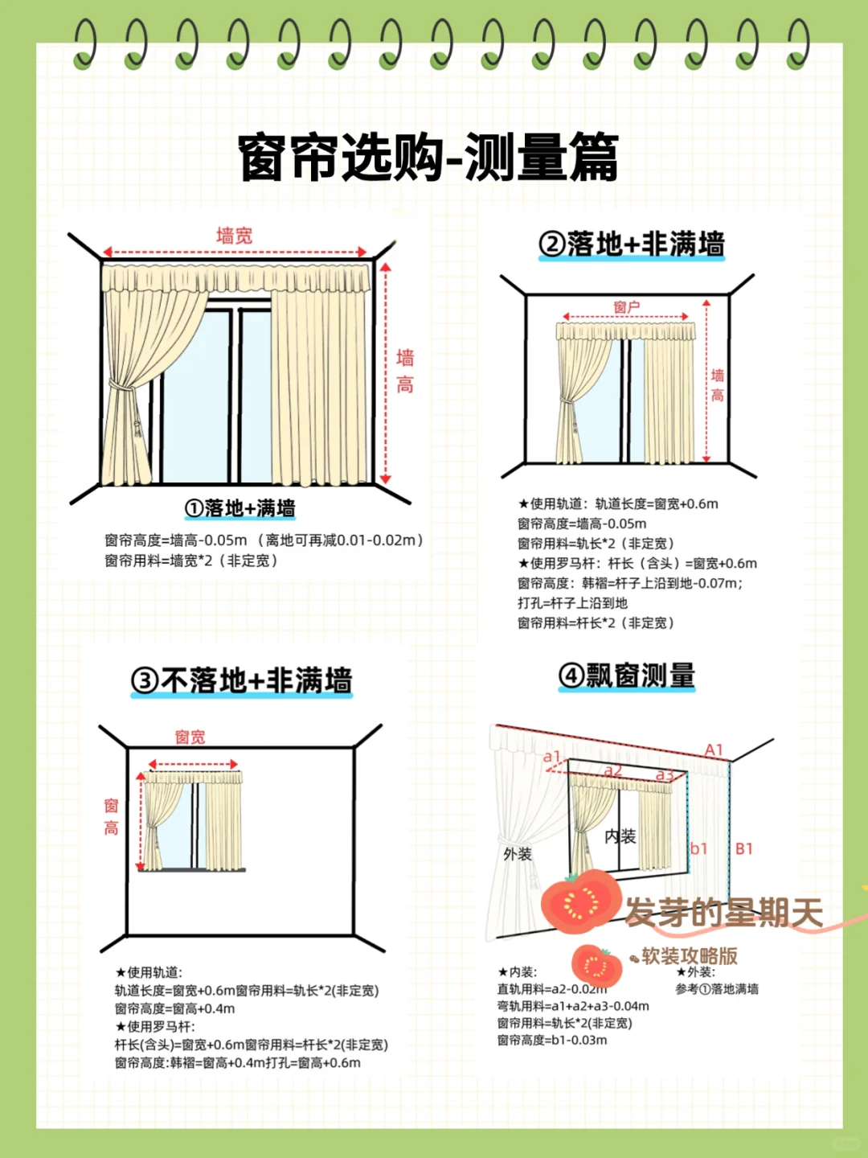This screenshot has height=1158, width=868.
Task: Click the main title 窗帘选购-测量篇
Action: point(428,157)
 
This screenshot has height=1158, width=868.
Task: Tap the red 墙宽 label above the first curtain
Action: point(234,236)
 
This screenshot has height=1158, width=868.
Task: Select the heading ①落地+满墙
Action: point(240,508)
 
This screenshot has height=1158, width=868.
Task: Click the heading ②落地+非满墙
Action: point(632,244)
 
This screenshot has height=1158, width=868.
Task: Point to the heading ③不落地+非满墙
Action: point(241,680)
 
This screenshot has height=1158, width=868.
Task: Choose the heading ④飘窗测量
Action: point(627,675)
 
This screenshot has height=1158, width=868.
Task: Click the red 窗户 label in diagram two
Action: point(626,307)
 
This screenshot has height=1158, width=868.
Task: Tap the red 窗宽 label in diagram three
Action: point(190,737)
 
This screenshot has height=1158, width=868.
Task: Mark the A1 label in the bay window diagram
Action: point(714,750)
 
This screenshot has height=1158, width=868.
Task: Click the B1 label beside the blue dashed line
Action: point(744,848)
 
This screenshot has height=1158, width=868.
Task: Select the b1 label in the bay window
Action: point(698,848)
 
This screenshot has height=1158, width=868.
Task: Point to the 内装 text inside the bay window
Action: point(620,836)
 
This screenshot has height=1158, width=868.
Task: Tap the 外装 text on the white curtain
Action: point(518,854)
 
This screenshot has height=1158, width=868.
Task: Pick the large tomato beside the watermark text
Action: point(580,901)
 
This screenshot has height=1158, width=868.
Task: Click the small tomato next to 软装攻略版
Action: point(596,965)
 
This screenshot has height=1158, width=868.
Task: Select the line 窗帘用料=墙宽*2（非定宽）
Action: point(191,561)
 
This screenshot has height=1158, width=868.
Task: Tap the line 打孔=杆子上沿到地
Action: point(572,603)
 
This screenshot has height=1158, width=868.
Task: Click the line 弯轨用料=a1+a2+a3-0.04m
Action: point(573,1006)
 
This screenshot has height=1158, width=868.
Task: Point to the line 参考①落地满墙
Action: point(717,989)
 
